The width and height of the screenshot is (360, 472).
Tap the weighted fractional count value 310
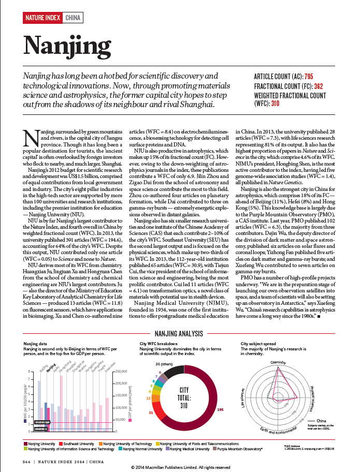(275, 104)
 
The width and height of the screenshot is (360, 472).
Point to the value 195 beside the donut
(220, 409)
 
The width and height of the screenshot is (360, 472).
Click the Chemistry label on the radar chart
(278, 362)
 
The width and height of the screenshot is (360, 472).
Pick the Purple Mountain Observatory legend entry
(240, 449)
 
